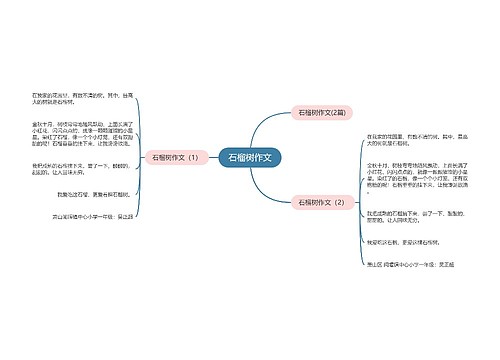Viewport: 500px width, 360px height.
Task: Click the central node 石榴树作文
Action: point(250,157)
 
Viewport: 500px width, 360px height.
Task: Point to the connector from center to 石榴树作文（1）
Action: point(212,157)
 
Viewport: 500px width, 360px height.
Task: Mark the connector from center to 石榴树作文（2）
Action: point(274,185)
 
